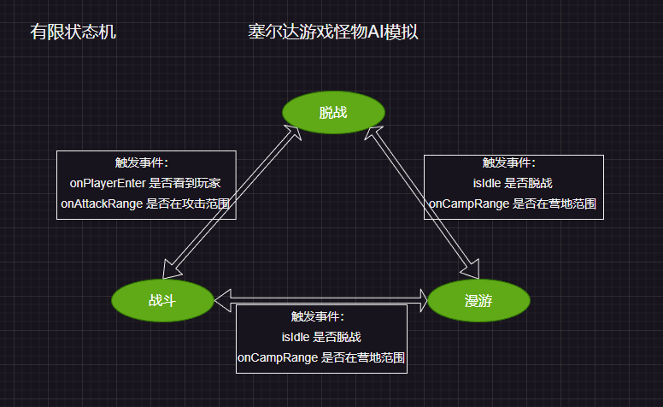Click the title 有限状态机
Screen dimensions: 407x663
pyautogui.click(x=73, y=32)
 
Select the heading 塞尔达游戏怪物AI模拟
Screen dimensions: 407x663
pyautogui.click(x=332, y=32)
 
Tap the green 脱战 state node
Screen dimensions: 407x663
pyautogui.click(x=333, y=113)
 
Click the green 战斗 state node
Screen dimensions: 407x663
pyautogui.click(x=162, y=300)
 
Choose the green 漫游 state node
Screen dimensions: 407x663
pyautogui.click(x=478, y=300)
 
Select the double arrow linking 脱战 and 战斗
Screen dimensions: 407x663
pyautogui.click(x=231, y=203)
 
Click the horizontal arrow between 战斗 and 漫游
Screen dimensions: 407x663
pyautogui.click(x=320, y=299)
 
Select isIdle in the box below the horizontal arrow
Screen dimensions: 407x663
pyautogui.click(x=296, y=337)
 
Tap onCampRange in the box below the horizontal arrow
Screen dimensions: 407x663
pyautogui.click(x=277, y=357)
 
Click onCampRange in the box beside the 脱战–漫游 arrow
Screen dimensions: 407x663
pyautogui.click(x=468, y=203)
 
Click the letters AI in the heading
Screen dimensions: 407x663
pyautogui.click(x=376, y=32)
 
